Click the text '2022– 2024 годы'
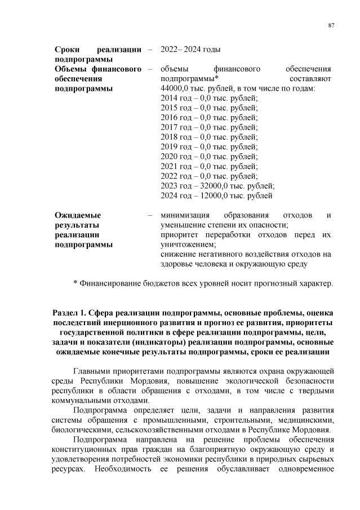186,49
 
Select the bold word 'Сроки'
67,49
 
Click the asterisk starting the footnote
75,283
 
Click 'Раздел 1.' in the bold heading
71,313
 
